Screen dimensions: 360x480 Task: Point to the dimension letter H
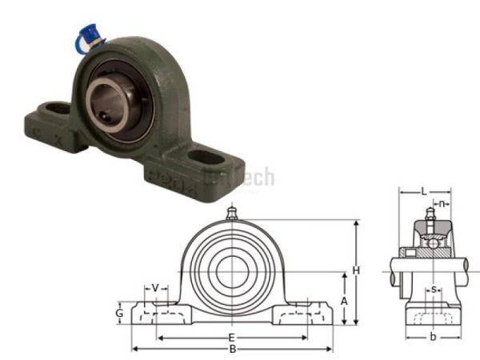click(356, 270)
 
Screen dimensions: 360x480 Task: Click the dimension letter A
click(344, 300)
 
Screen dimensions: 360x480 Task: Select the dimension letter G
click(119, 314)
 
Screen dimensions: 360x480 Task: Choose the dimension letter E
click(231, 338)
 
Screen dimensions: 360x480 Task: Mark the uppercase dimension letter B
click(232, 349)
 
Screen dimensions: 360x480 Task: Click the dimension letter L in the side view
click(424, 192)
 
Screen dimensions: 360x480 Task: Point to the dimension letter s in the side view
click(433, 289)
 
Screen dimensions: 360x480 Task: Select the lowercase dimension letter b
click(433, 337)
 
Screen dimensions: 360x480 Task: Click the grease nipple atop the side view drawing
click(430, 213)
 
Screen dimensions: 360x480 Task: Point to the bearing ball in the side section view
click(433, 241)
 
